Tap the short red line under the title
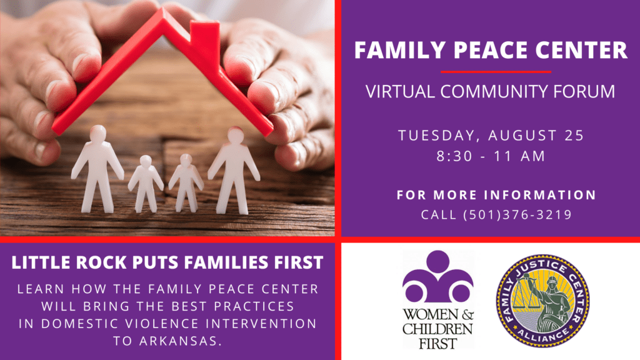click(x=496, y=72)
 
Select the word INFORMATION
click(x=541, y=195)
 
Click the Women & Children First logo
click(x=438, y=299)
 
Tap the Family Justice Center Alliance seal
click(x=542, y=301)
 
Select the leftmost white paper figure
click(x=97, y=169)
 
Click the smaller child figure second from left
click(x=146, y=184)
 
